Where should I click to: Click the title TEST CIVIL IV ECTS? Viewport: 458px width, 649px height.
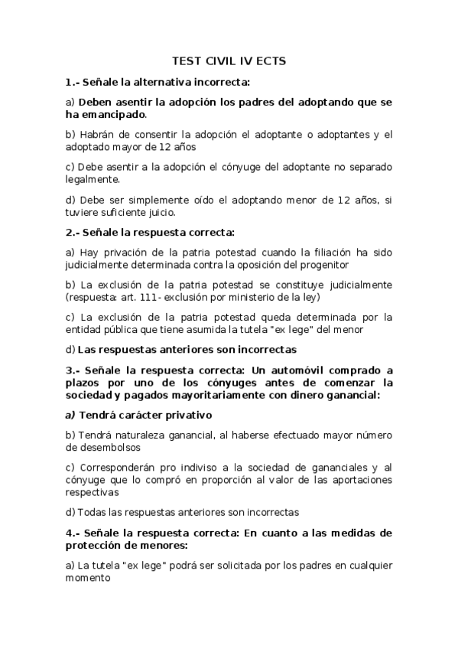229,60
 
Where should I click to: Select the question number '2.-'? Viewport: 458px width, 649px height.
74,231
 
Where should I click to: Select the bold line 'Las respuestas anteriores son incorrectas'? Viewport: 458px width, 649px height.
187,350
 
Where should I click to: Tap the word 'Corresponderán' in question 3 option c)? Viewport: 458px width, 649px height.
114,467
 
